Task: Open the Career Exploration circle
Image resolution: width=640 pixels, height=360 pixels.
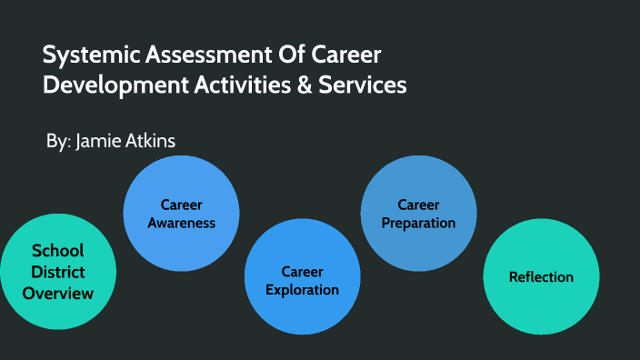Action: pos(302,275)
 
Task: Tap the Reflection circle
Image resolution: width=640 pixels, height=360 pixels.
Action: pos(541,277)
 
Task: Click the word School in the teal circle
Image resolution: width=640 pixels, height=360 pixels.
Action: pos(58,252)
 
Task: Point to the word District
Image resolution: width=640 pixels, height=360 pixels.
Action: pos(58,272)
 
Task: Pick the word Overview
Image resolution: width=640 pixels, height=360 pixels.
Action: pos(58,293)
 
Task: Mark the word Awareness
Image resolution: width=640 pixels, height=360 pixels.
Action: pos(181,223)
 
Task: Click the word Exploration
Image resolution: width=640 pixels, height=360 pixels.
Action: pos(302,290)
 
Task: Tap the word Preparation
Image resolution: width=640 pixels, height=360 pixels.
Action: pos(418,223)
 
